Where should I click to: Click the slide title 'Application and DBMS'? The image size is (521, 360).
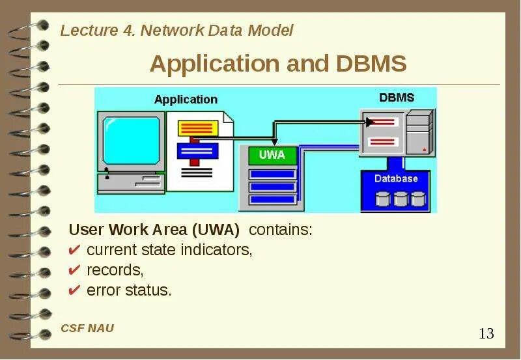tap(278, 64)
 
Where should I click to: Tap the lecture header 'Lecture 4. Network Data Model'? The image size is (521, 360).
tap(176, 31)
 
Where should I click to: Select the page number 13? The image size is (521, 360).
tap(486, 334)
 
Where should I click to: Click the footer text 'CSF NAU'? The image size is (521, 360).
tap(87, 328)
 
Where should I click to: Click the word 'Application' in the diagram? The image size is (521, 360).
tap(186, 100)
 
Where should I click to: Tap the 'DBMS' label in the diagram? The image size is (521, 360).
tap(397, 98)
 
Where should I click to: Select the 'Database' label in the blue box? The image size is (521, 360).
tap(396, 178)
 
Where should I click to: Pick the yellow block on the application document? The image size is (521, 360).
tap(196, 127)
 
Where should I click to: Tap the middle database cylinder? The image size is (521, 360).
tap(400, 199)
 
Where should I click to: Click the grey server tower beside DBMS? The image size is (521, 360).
tap(418, 133)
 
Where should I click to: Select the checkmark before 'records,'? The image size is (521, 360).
tap(75, 270)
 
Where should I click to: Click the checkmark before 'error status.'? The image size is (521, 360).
tap(75, 290)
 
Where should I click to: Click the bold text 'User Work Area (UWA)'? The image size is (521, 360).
tap(154, 230)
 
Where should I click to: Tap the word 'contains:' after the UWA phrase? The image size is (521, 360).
tap(281, 230)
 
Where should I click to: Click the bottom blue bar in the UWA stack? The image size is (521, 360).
tap(273, 200)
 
